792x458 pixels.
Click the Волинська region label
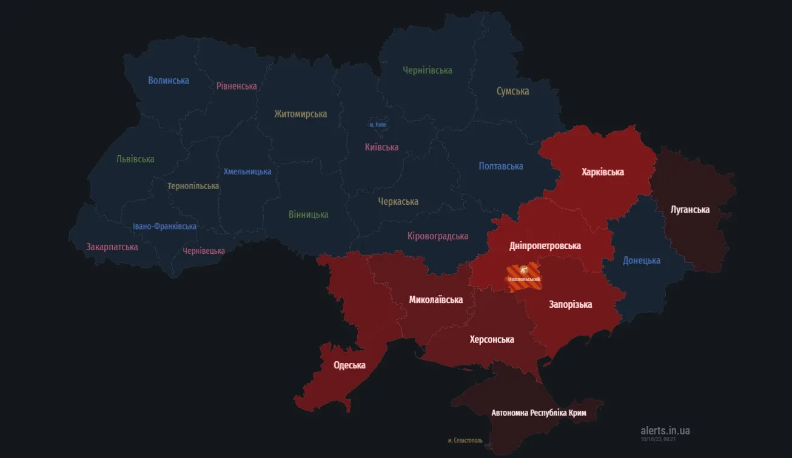pyautogui.click(x=168, y=81)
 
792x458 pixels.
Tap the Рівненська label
pyautogui.click(x=237, y=86)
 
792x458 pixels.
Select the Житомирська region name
pyautogui.click(x=300, y=114)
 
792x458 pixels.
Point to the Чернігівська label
pyautogui.click(x=428, y=70)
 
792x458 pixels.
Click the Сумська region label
pyautogui.click(x=512, y=91)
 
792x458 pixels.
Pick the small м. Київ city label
pyautogui.click(x=377, y=125)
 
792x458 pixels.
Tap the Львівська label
pyautogui.click(x=135, y=159)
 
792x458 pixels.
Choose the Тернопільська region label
pyautogui.click(x=193, y=186)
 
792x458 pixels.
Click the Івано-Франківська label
pyautogui.click(x=164, y=227)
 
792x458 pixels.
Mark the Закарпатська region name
pyautogui.click(x=112, y=247)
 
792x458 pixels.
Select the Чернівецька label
pyautogui.click(x=204, y=251)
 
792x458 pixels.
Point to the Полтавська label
pyautogui.click(x=500, y=166)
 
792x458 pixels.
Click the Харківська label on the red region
pyautogui.click(x=602, y=172)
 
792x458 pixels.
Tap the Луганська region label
pyautogui.click(x=690, y=210)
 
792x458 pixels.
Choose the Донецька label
pyautogui.click(x=641, y=261)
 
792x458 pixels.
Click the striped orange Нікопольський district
pyautogui.click(x=523, y=274)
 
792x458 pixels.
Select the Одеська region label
pyautogui.click(x=349, y=365)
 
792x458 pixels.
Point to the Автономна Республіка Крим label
pyautogui.click(x=539, y=413)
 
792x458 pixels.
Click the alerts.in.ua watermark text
pyautogui.click(x=665, y=431)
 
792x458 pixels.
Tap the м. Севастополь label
pyautogui.click(x=465, y=440)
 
